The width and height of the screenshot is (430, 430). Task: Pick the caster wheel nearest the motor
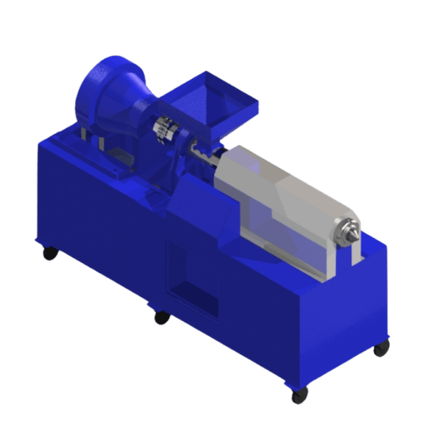(49, 252)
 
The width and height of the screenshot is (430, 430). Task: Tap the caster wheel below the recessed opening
(162, 317)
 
